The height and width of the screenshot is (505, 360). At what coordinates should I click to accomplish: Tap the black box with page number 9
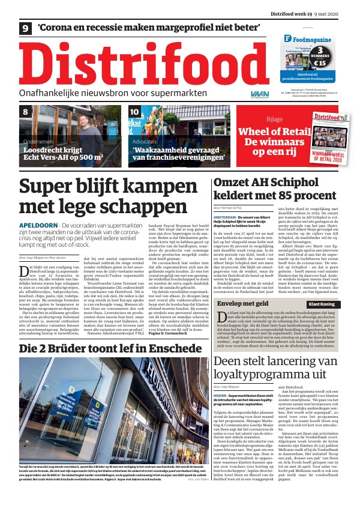point(26,28)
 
